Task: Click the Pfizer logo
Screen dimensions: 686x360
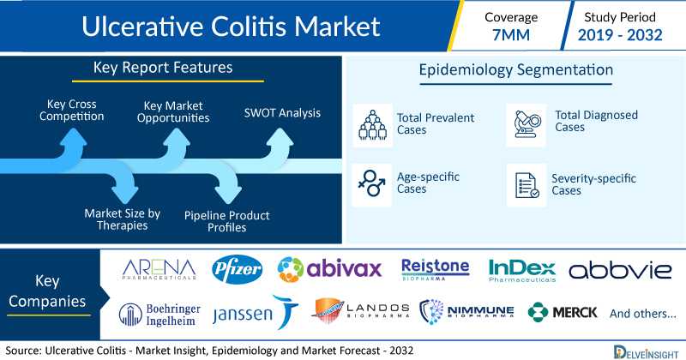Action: point(238,269)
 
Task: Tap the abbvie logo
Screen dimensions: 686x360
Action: point(620,271)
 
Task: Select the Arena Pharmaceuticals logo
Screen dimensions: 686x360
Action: point(159,269)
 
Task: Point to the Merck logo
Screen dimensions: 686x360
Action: point(563,312)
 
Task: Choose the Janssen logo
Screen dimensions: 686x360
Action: point(256,312)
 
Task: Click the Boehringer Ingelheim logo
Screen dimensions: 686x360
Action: point(159,315)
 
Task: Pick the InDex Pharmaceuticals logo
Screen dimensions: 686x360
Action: point(522,271)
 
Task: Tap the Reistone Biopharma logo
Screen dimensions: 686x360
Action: point(436,269)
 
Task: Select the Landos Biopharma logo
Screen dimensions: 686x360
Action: point(360,310)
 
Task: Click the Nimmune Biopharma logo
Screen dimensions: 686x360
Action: point(466,311)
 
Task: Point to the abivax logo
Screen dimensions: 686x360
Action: point(329,268)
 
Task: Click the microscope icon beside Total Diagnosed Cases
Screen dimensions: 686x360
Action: point(527,125)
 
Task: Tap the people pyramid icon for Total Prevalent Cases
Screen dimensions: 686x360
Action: point(373,125)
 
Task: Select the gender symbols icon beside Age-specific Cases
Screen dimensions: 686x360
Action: point(372,183)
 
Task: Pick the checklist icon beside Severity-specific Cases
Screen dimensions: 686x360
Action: point(527,185)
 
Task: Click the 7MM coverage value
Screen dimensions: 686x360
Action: point(511,34)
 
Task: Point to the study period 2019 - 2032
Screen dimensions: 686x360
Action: point(620,34)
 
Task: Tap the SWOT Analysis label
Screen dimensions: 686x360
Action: point(282,113)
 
